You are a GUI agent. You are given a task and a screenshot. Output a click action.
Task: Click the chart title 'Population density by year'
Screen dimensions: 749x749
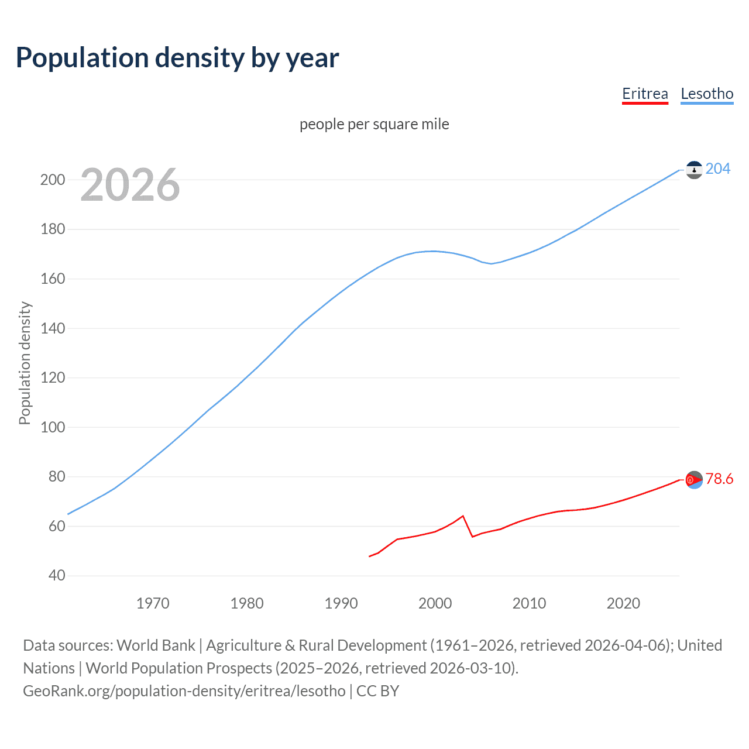pyautogui.click(x=177, y=58)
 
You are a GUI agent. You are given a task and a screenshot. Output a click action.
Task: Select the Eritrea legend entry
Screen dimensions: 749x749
pyautogui.click(x=645, y=94)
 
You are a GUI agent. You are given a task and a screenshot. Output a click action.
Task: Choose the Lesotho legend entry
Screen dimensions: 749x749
pyautogui.click(x=707, y=94)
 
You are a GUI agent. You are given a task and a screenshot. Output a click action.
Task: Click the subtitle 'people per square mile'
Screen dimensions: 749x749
pyautogui.click(x=374, y=124)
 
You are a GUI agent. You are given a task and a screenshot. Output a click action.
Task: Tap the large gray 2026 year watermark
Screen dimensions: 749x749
pyautogui.click(x=130, y=185)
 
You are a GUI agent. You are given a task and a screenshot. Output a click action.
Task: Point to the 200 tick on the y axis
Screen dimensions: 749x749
pyautogui.click(x=53, y=180)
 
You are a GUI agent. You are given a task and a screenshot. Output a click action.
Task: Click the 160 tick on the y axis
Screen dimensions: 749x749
pyautogui.click(x=53, y=279)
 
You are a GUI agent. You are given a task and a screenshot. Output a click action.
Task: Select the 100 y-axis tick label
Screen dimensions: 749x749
pyautogui.click(x=53, y=427)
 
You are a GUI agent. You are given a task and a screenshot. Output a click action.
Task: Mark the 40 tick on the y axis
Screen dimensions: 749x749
pyautogui.click(x=57, y=575)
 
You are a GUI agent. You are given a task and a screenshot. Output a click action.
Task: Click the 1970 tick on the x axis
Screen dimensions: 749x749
pyautogui.click(x=153, y=603)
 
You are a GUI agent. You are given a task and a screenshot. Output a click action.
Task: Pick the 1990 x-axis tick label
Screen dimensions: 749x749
pyautogui.click(x=341, y=603)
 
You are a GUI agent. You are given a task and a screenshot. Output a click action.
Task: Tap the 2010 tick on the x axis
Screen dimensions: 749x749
pyautogui.click(x=529, y=603)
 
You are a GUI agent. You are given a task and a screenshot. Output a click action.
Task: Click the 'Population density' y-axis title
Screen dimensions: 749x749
pyautogui.click(x=25, y=363)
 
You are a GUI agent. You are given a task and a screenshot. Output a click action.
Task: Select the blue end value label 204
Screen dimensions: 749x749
pyautogui.click(x=718, y=169)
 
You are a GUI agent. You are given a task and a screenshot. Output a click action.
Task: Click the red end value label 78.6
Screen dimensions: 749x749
pyautogui.click(x=719, y=479)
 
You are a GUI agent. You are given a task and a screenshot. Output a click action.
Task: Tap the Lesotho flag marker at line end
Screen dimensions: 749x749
pyautogui.click(x=694, y=170)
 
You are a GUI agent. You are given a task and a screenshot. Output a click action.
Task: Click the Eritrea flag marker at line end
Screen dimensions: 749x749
pyautogui.click(x=694, y=480)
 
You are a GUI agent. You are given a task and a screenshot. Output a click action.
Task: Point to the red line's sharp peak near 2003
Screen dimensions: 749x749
pyautogui.click(x=463, y=516)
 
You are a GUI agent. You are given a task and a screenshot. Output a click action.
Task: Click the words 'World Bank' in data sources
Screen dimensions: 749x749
pyautogui.click(x=156, y=645)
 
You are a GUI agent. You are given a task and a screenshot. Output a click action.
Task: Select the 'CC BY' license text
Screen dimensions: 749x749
pyautogui.click(x=377, y=691)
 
